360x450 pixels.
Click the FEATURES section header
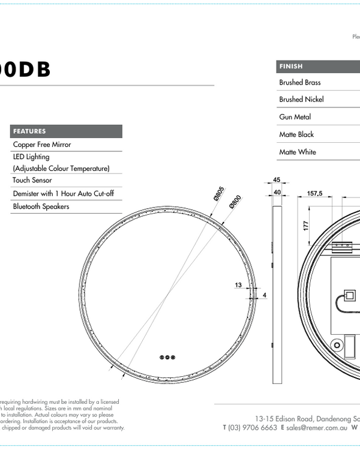click(x=29, y=131)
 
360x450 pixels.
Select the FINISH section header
click(x=290, y=66)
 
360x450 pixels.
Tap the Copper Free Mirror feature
click(x=42, y=145)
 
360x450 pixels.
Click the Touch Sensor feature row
click(x=32, y=180)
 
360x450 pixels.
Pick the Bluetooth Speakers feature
click(x=41, y=206)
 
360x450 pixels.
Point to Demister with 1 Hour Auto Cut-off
click(x=63, y=193)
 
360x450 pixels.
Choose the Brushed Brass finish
click(x=299, y=82)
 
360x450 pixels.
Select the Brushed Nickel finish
click(x=301, y=100)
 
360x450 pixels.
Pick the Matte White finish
click(x=297, y=152)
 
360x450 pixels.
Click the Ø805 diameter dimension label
click(x=218, y=194)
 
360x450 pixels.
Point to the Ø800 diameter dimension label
click(x=235, y=202)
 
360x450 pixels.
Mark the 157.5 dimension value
click(x=315, y=193)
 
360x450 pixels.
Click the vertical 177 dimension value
click(x=305, y=225)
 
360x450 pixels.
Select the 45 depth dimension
click(x=277, y=179)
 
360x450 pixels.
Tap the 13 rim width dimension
click(x=238, y=285)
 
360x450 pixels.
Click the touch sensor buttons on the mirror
click(x=167, y=357)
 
